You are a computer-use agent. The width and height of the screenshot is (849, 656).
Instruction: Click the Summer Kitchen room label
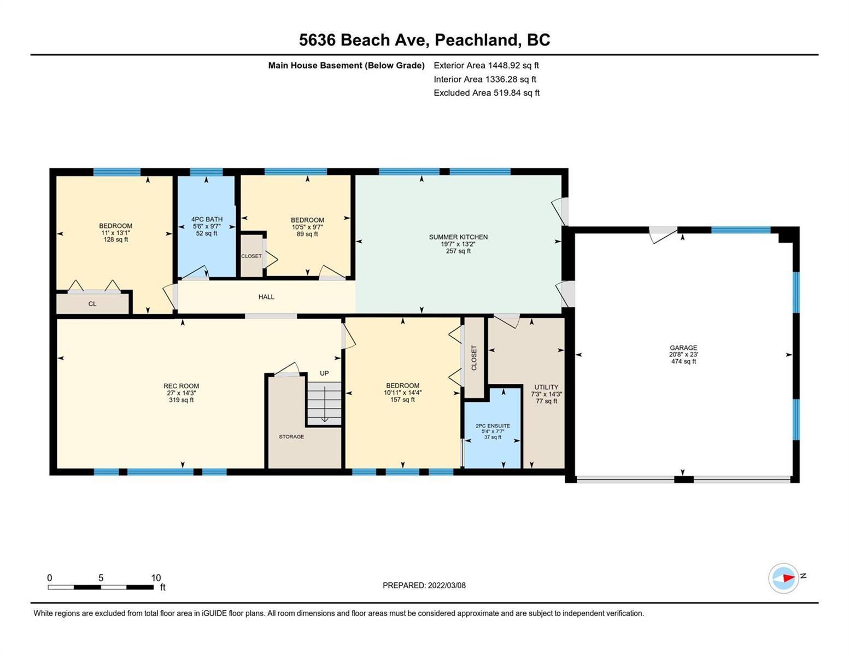pos(458,237)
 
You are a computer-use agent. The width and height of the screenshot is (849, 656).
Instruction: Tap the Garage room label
pos(683,348)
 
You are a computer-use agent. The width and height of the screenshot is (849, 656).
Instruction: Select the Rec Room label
pos(181,386)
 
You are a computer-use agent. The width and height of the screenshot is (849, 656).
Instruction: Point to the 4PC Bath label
pos(207,220)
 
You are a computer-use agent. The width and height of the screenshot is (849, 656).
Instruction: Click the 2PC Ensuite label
pos(493,426)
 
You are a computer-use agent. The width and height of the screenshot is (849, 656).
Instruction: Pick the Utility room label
pos(546,387)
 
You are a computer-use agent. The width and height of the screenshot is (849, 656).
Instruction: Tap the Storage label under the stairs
pos(291,437)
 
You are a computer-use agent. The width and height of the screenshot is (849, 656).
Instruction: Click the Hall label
pos(266,297)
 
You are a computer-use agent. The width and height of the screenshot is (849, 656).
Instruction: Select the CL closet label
pos(92,304)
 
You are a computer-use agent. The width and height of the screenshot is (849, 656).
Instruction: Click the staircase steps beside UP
pos(324,403)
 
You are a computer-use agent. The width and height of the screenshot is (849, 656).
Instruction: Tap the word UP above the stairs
pos(324,373)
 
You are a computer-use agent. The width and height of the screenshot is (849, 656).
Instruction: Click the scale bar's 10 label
pos(156,578)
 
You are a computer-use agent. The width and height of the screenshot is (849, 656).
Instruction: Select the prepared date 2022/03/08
pos(447,585)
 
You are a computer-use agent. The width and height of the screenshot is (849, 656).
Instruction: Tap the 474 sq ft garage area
pos(683,361)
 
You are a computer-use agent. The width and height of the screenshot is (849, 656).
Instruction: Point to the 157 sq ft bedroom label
pos(402,400)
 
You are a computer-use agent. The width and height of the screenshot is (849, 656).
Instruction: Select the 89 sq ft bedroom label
pos(307,234)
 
